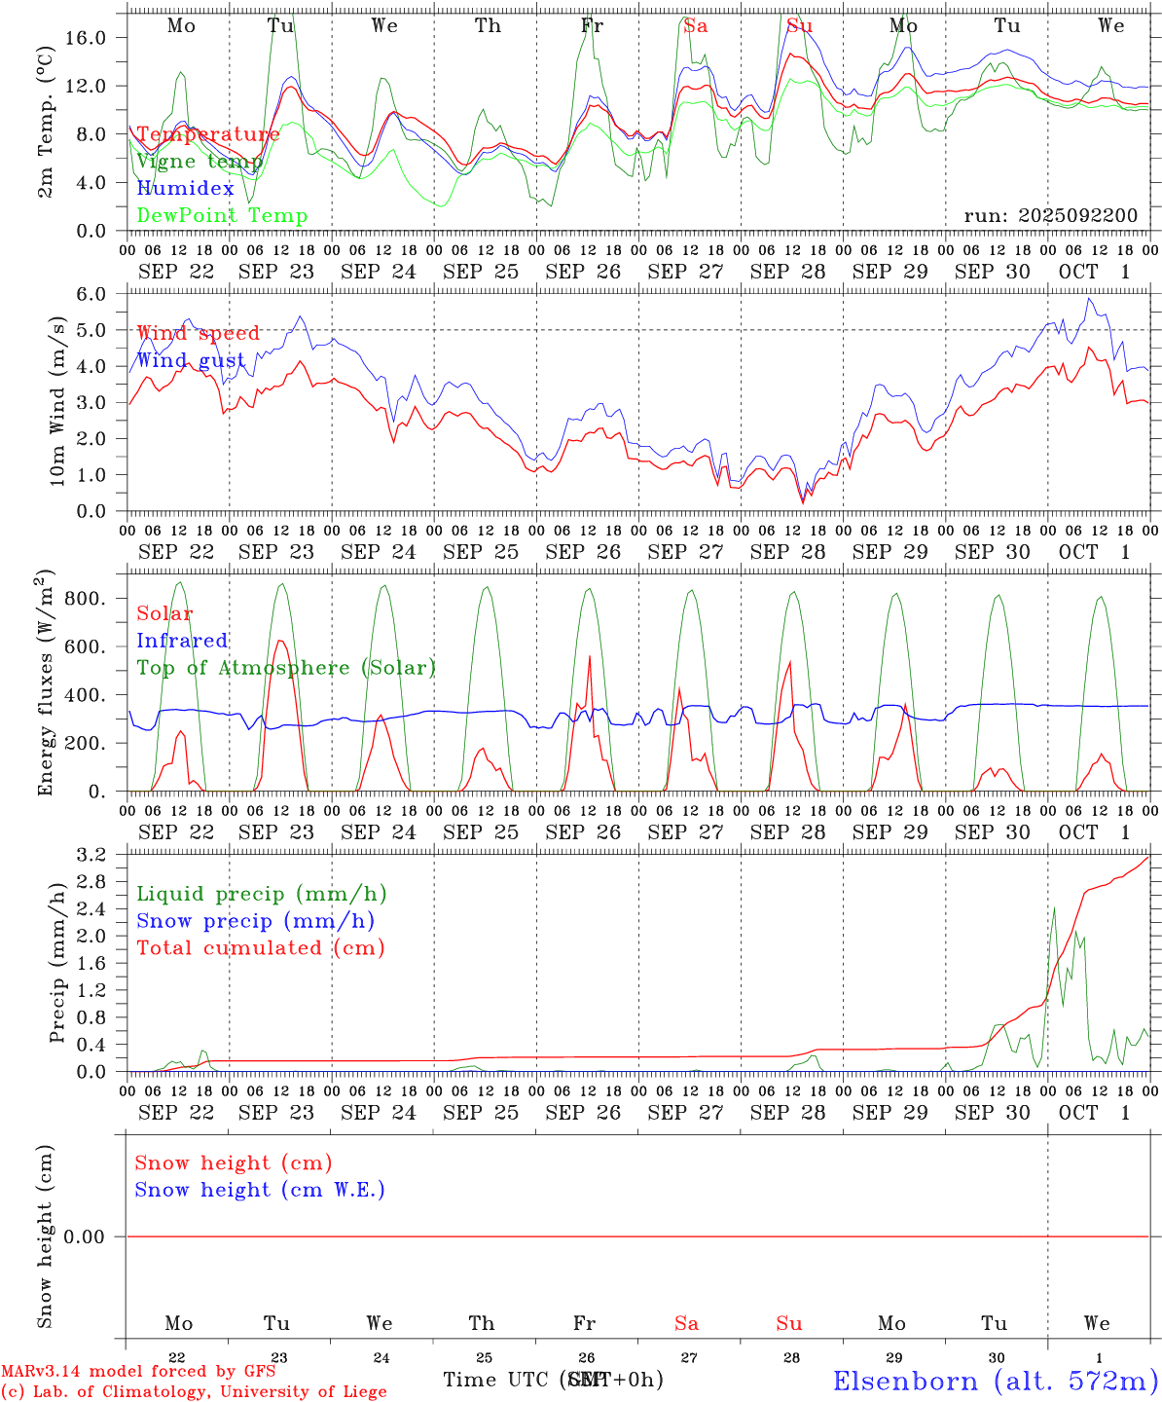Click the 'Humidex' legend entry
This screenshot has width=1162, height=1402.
[185, 188]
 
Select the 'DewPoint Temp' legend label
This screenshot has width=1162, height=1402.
[222, 215]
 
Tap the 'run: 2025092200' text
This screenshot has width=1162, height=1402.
[1050, 215]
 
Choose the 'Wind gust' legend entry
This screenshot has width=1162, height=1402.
[191, 360]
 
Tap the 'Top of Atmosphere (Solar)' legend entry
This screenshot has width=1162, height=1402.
[285, 668]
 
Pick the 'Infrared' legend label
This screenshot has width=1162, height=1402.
[182, 641]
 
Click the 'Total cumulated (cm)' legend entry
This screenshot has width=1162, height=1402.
[260, 947]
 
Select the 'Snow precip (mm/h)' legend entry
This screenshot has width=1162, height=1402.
[255, 920]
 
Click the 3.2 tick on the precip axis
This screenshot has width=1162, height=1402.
[97, 855]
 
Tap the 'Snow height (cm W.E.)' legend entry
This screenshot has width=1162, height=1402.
[259, 1190]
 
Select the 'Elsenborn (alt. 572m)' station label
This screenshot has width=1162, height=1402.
[995, 1381]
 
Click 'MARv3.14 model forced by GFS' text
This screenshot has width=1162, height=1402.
[138, 1371]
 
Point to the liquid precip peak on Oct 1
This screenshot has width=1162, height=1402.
[1054, 908]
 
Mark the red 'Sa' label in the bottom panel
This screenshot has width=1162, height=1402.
[686, 1323]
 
